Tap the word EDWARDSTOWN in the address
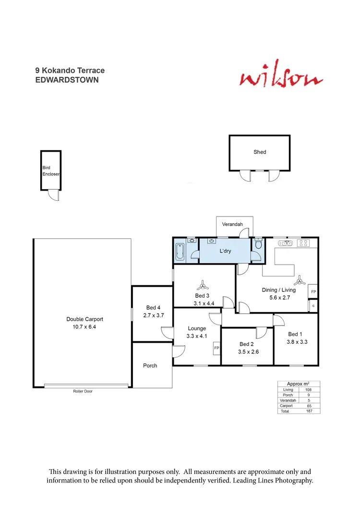coord(67,80)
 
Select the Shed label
coord(260,152)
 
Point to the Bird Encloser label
coord(50,171)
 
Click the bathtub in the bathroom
coord(180,251)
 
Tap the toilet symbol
coord(258,245)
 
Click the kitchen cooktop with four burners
coord(304,243)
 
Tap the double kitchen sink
coord(286,243)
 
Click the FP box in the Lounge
coord(216,348)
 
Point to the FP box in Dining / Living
coord(313,292)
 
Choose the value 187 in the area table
coord(309,411)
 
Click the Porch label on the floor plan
coord(150,365)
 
